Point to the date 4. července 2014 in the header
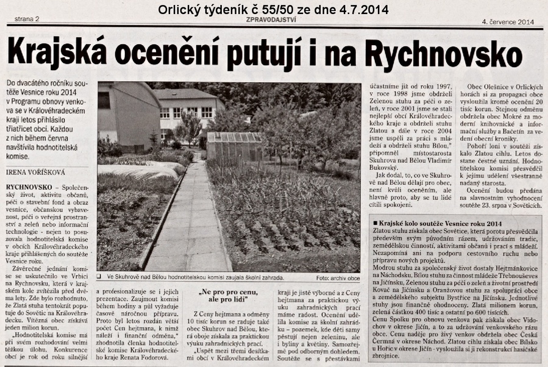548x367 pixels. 508,22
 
